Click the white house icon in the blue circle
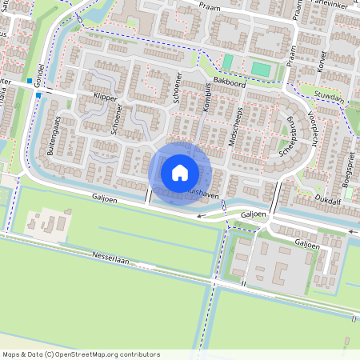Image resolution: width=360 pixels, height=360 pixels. click(180, 172)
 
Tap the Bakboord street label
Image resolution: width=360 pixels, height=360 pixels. click(229, 82)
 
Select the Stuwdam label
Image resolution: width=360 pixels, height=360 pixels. click(329, 94)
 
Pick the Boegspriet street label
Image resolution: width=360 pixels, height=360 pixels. click(346, 171)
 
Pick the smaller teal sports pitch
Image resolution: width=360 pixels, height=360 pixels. click(228, 62)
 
